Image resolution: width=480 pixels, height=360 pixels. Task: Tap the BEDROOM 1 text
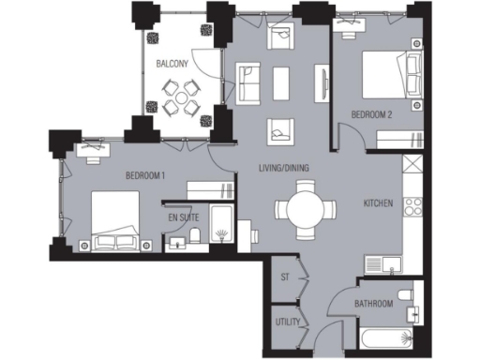point(145,175)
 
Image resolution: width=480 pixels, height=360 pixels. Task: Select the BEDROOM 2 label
point(372,114)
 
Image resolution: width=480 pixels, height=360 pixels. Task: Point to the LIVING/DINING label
point(284,169)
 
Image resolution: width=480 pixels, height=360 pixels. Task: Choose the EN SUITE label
point(185,218)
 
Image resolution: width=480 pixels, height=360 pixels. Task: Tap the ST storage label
point(285,277)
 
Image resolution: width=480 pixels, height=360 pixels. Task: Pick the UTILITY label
point(286,322)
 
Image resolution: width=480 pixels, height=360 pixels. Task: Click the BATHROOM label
point(372,305)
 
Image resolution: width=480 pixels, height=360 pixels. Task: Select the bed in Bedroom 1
point(115,223)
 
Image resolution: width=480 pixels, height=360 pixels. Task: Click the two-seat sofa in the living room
point(248,82)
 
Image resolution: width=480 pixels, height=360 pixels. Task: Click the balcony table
point(178,96)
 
